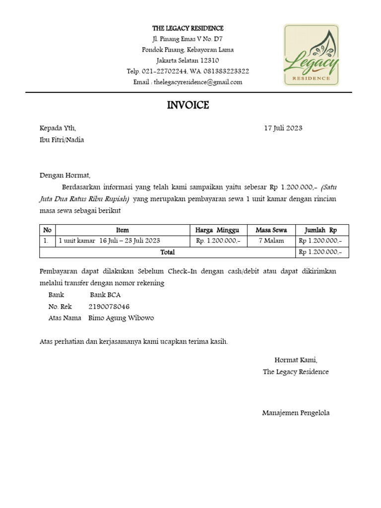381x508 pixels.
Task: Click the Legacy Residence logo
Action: [x=311, y=55]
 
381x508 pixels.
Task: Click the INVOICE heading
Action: [x=188, y=105]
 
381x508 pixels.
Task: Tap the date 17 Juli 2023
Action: [x=283, y=128]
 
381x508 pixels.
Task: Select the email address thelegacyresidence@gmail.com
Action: [x=198, y=82]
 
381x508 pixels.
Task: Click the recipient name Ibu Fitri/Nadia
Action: [x=62, y=140]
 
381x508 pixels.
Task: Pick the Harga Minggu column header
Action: [x=217, y=230]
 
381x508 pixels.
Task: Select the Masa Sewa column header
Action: [x=271, y=230]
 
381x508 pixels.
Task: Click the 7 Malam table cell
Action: [x=271, y=241]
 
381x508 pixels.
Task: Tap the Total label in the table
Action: [x=168, y=253]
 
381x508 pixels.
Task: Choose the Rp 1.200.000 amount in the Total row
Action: [x=320, y=253]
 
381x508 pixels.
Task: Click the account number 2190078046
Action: [x=109, y=307]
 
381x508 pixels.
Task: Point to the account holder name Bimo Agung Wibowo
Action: [x=121, y=318]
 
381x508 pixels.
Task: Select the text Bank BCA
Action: [x=105, y=295]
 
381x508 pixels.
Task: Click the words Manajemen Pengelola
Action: [x=296, y=413]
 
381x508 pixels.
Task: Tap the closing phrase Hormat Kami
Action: [x=296, y=360]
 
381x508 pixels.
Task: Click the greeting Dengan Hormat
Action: [x=65, y=175]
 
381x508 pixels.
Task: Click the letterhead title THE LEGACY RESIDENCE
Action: [x=188, y=28]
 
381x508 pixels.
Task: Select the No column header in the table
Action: [x=48, y=230]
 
